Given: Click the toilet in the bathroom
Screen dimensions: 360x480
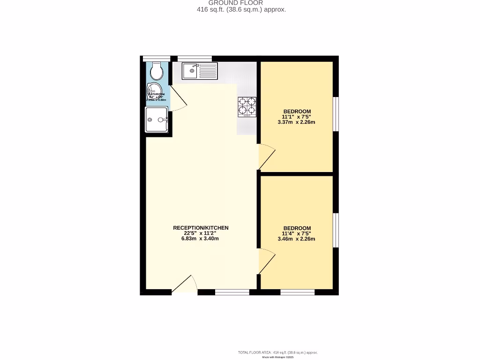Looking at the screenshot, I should (157, 71).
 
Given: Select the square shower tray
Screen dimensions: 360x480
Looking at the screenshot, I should (157, 120).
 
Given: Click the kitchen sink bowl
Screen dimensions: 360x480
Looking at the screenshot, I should (191, 71).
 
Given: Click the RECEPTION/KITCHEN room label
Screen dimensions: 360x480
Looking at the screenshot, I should (201, 228).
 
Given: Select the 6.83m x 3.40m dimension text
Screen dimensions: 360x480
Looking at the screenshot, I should (201, 239).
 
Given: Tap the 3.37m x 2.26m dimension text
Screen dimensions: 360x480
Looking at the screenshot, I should (296, 122).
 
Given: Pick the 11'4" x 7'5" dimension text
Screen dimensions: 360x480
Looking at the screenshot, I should (296, 233).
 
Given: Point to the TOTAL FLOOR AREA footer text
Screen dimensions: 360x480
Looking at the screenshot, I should (278, 352).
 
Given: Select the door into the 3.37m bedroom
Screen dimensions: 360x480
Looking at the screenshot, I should (266, 157).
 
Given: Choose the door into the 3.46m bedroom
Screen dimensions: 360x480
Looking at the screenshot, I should (266, 262).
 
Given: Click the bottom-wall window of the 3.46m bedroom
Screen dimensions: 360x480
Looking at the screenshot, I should (297, 292).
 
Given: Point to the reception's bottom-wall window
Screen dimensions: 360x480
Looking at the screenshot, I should (232, 292).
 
